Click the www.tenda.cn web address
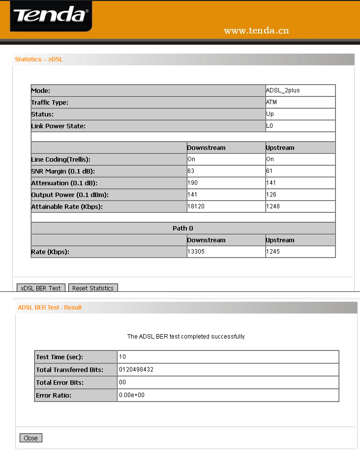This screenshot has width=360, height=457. tap(256, 31)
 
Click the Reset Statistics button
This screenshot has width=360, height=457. tap(93, 288)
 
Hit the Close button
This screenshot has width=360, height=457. tap(30, 438)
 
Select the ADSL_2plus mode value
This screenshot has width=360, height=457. tap(283, 90)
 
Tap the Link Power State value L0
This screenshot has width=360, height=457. tap(270, 126)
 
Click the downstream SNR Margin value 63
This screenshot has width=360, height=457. tap(191, 171)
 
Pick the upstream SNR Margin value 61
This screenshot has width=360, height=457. tap(270, 171)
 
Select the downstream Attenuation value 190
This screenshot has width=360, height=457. tap(192, 183)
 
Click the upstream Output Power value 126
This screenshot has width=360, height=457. tap(271, 195)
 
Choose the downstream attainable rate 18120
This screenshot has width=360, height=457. tap(196, 206)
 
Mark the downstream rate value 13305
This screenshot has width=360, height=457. tap(196, 252)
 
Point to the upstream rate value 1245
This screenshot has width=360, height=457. tap(273, 252)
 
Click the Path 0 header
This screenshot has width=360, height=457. tap(183, 228)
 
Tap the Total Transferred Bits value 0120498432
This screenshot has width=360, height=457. tap(136, 370)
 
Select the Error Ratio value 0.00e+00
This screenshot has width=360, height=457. tap(132, 395)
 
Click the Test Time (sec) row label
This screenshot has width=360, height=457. tap(60, 357)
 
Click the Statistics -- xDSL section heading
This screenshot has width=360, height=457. tap(39, 59)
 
